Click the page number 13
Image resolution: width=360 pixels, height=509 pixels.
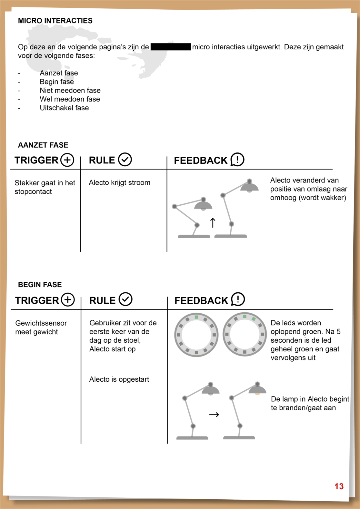click(339, 486)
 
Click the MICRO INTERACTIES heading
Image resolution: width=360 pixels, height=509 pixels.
click(55, 21)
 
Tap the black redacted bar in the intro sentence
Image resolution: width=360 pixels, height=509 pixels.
click(171, 47)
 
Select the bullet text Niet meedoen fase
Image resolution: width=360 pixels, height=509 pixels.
click(70, 90)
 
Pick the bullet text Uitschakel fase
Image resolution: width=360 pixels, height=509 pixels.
click(64, 108)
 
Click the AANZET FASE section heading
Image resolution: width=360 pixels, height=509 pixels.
click(43, 145)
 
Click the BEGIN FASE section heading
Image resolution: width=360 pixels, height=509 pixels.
click(40, 285)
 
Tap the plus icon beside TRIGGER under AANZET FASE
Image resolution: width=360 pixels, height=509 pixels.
click(67, 160)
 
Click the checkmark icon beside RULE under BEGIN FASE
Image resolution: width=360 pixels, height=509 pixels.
click(125, 299)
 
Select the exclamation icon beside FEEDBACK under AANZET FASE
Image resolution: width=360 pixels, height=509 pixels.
click(237, 160)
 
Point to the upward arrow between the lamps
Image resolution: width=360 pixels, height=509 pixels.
click(213, 222)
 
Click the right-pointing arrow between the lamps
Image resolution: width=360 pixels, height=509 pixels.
click(214, 415)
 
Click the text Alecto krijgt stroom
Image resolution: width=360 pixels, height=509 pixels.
click(119, 182)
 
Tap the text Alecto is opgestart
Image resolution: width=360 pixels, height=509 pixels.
click(119, 379)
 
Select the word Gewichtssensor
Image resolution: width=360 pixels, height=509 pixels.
click(41, 323)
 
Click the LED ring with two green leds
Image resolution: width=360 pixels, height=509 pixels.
click(245, 334)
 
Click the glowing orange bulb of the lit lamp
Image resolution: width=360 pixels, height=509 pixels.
click(257, 394)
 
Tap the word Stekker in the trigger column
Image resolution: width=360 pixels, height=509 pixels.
click(27, 183)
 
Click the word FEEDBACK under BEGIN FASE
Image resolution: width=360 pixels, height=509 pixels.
click(201, 300)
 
